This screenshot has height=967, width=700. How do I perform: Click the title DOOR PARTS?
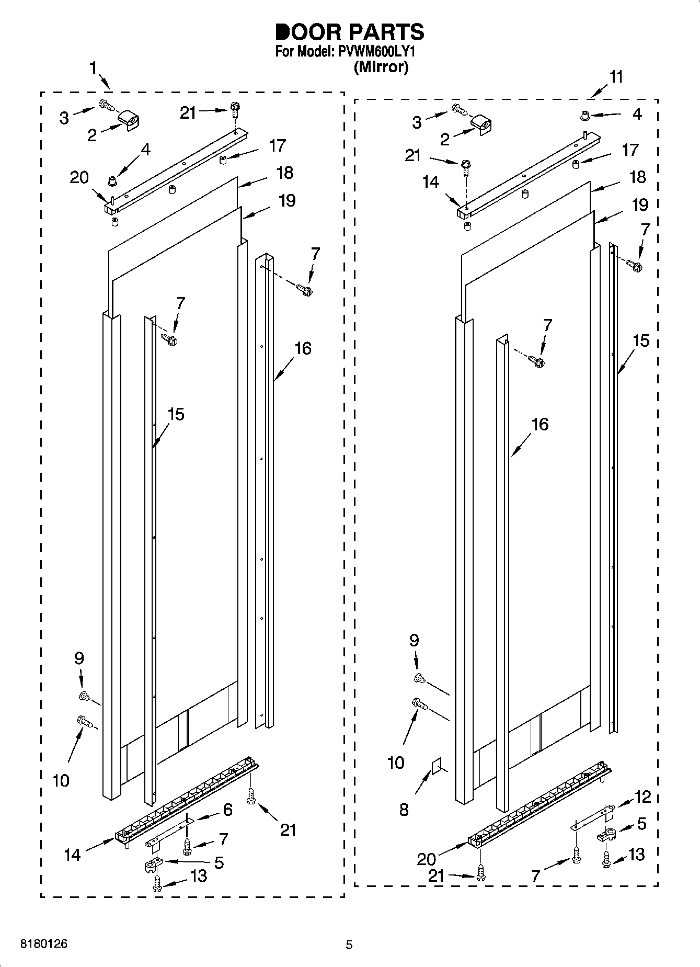350,32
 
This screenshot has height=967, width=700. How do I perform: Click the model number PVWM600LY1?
375,52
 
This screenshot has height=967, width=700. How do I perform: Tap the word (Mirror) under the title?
381,67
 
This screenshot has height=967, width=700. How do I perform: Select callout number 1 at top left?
93,68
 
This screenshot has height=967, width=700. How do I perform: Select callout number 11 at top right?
616,77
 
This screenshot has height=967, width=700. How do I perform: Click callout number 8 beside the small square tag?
404,810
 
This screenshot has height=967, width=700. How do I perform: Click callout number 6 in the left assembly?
227,810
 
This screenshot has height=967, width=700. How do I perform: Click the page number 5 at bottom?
349,945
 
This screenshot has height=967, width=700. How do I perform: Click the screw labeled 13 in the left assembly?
156,883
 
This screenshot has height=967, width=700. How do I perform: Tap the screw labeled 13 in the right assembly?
606,858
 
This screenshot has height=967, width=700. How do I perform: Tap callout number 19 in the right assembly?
640,204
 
